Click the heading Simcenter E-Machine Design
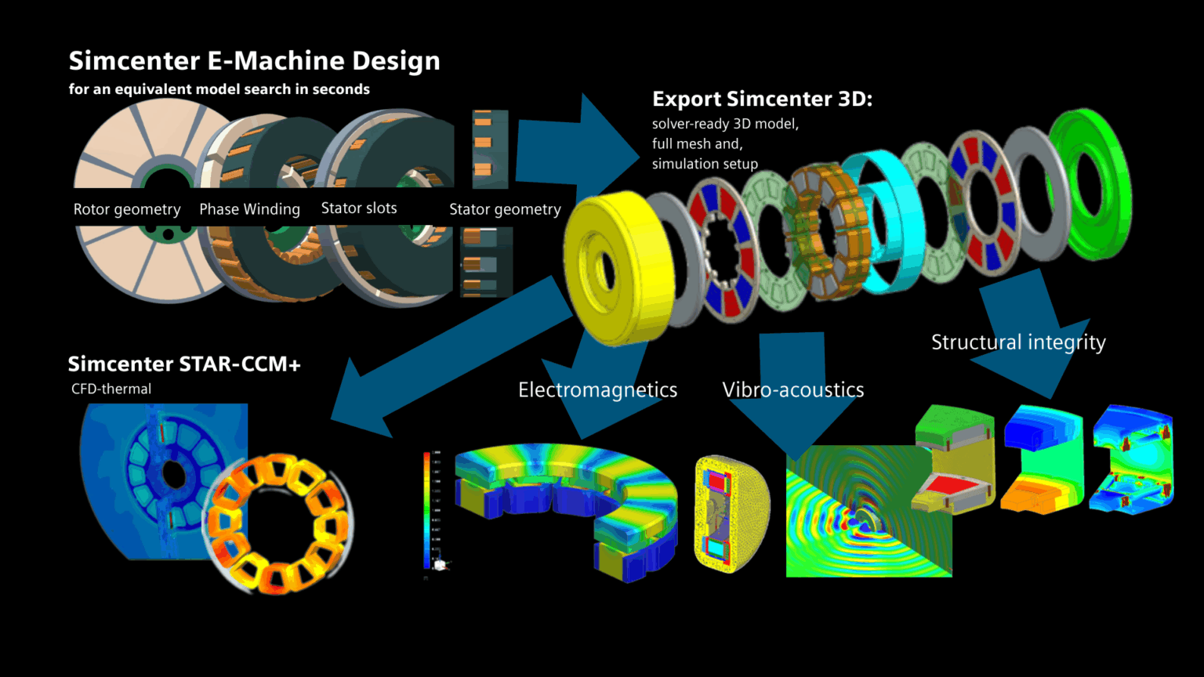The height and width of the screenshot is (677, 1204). (254, 61)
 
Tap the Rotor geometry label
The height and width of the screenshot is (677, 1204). (127, 209)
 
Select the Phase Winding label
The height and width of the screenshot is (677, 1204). (249, 209)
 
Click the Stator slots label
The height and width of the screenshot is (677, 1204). (359, 208)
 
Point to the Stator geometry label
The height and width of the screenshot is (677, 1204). (505, 209)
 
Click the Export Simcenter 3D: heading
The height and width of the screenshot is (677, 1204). (762, 100)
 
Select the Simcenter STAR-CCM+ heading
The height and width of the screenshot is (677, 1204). (184, 364)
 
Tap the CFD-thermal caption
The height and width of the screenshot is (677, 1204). (111, 389)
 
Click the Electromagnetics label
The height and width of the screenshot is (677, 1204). (597, 390)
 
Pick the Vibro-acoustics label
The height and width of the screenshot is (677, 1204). (792, 390)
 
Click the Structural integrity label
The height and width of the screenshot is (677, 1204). (1018, 342)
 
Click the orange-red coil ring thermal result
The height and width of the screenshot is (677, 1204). (278, 525)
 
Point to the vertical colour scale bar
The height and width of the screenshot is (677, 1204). (427, 509)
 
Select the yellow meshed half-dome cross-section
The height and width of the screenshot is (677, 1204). (731, 513)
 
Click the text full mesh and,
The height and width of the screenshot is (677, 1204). (697, 144)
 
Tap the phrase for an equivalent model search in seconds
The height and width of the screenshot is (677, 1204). (219, 89)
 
